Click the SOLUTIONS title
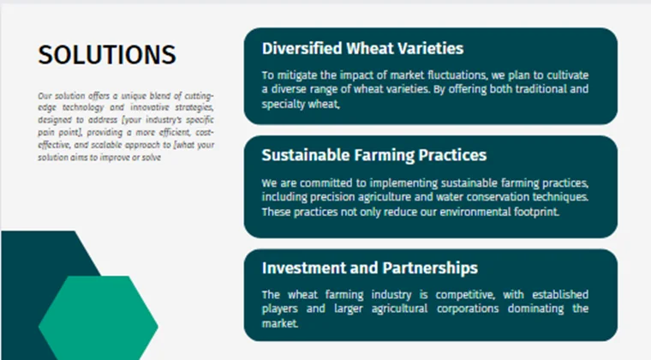tap(107, 55)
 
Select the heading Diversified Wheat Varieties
tap(362, 48)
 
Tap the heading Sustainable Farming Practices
tap(373, 155)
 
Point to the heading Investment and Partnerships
tap(369, 268)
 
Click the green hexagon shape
tap(99, 317)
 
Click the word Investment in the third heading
tap(302, 268)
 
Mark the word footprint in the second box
tap(534, 211)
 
